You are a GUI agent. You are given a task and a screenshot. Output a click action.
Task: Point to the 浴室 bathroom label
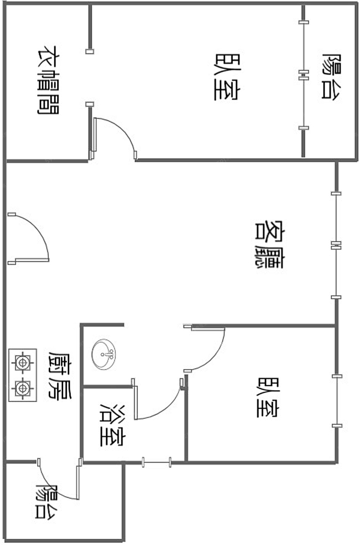pyautogui.click(x=113, y=426)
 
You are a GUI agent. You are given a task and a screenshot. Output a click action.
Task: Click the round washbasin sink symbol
pyautogui.click(x=104, y=355)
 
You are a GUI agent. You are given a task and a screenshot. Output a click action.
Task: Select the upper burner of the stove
pyautogui.click(x=23, y=362)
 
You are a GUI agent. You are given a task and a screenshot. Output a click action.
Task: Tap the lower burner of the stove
pyautogui.click(x=23, y=388)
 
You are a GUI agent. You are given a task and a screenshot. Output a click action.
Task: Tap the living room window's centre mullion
pyautogui.click(x=336, y=245)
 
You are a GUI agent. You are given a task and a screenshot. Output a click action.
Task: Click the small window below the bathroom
pyautogui.click(x=156, y=462)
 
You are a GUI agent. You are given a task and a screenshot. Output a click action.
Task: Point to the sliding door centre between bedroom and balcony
pyautogui.click(x=303, y=75)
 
